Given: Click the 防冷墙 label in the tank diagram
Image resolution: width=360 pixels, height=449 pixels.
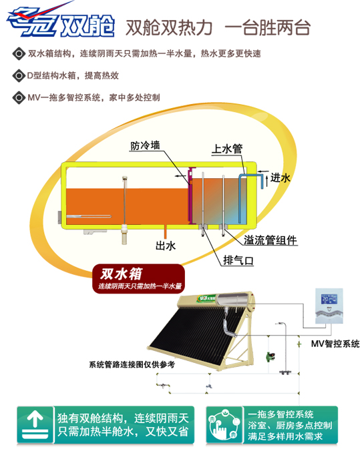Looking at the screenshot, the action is pos(145,145).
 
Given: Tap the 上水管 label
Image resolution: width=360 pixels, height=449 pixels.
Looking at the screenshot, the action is pos(226,149).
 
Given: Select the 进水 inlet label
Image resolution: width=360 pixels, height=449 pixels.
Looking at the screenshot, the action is pos(280,178).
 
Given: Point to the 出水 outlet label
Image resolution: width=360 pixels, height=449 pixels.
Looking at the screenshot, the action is pos(166,246).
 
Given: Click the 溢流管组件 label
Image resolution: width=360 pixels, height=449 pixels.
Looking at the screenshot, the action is pos(271,240).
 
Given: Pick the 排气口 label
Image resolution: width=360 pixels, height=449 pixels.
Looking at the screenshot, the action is pos(238,260).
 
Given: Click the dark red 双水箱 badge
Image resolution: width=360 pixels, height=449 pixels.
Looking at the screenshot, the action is pos(138,279).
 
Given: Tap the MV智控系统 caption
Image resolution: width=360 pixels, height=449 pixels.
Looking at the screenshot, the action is pos(335,344).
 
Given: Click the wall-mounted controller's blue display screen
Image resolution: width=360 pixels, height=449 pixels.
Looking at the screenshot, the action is pos(329,300).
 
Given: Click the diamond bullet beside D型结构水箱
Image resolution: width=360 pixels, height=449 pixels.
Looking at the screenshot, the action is pos(19,76).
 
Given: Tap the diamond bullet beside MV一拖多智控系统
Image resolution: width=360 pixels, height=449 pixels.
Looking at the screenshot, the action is pos(19,97).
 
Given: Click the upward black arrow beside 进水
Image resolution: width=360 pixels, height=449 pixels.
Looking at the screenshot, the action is pos(267,180).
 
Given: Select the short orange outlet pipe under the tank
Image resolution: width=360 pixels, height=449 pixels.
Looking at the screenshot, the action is pos(166,232).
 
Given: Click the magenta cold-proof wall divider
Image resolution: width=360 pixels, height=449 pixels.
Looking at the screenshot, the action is pos(190,194).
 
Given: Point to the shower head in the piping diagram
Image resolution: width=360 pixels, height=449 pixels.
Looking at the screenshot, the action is pos(280,324).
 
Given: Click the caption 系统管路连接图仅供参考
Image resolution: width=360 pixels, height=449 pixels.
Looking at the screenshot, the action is pos(132,364).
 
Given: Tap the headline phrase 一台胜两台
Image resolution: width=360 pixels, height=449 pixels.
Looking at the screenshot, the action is pos(267,28).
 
